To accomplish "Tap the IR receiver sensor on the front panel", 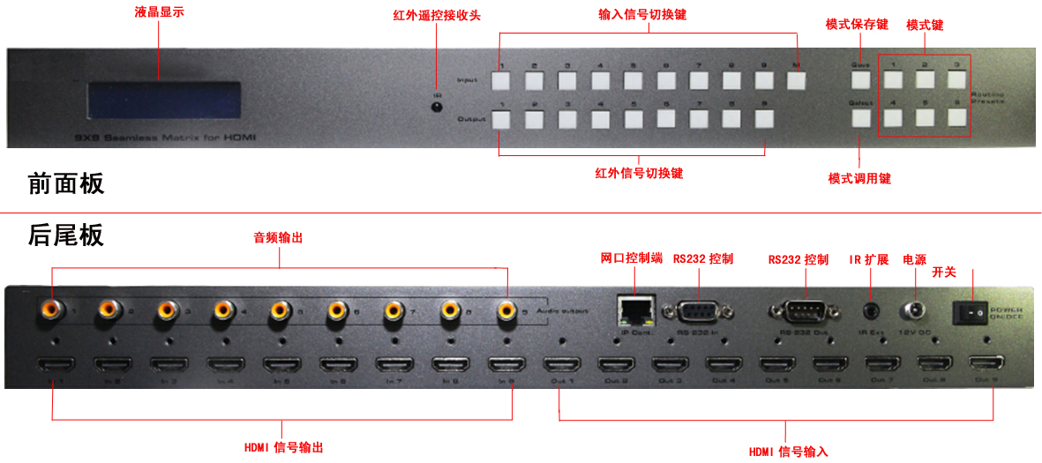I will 436,108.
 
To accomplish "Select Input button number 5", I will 633,81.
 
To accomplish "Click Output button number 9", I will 764,119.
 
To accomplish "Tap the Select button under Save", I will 860,118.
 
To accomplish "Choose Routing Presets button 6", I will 958,118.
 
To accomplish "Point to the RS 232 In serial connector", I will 699,313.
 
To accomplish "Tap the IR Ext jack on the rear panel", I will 872,311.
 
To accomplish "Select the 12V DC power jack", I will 912,311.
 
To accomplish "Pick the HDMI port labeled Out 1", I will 561,365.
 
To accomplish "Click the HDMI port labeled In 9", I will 507,365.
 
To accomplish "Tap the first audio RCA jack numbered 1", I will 50,309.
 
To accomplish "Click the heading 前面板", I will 66,183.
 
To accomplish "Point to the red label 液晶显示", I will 160,12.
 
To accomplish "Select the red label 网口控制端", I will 631,258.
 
